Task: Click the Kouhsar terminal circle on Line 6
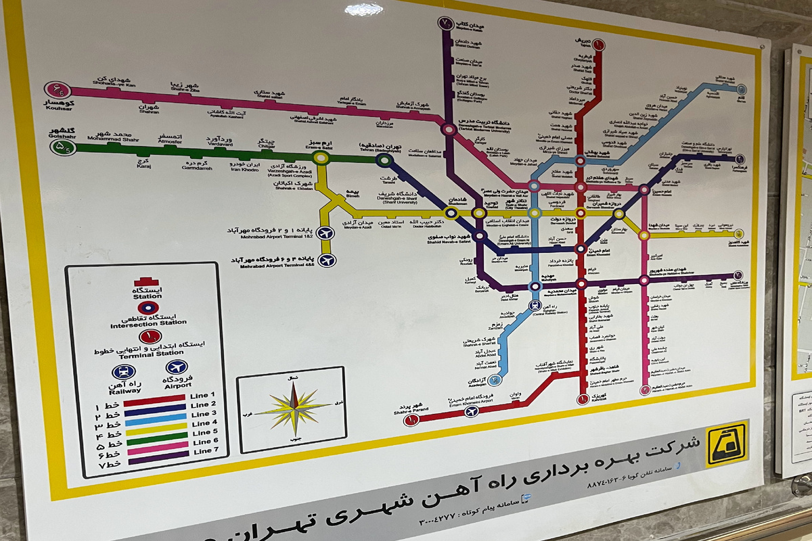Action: pyautogui.click(x=58, y=90)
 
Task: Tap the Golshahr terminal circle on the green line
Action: pyautogui.click(x=64, y=145)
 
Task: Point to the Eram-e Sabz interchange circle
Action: pyautogui.click(x=321, y=158)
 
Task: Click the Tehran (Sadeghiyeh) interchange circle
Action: pyautogui.click(x=384, y=160)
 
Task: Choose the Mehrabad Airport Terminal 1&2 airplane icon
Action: pyautogui.click(x=326, y=233)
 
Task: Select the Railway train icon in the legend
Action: pyautogui.click(x=124, y=372)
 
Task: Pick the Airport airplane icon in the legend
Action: pyautogui.click(x=177, y=367)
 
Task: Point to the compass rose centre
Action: pyautogui.click(x=294, y=408)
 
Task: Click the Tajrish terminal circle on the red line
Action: pyautogui.click(x=598, y=45)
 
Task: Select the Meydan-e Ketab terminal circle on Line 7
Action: pyautogui.click(x=445, y=24)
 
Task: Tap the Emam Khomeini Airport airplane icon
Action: pyautogui.click(x=472, y=410)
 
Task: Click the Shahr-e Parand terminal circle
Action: pyautogui.click(x=411, y=421)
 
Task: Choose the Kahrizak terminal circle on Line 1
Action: pyautogui.click(x=583, y=399)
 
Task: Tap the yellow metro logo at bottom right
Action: pyautogui.click(x=727, y=444)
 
